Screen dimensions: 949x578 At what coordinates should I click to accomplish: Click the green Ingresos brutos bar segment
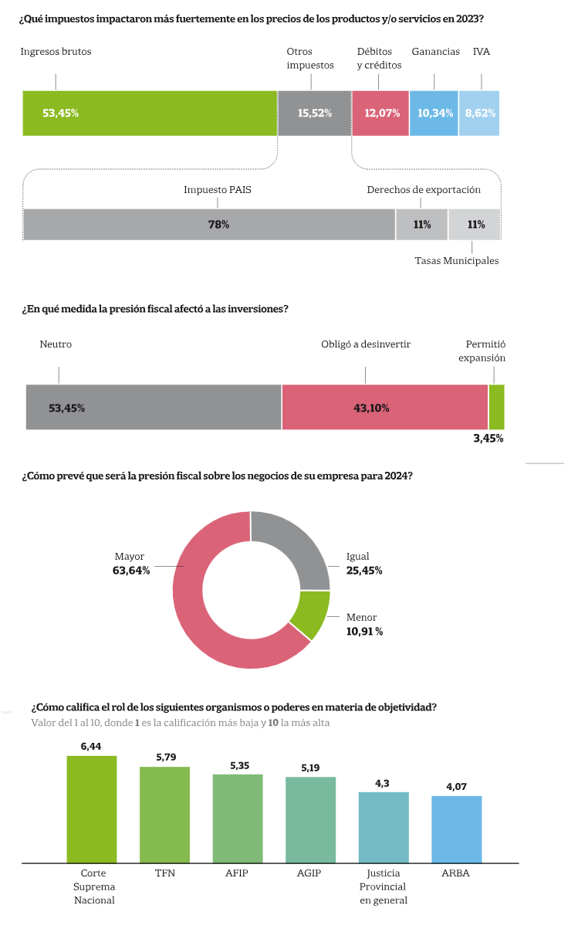coord(150,113)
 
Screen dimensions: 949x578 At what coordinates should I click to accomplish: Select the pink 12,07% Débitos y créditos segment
coord(380,113)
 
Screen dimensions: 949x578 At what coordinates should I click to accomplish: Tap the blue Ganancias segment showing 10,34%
coord(434,113)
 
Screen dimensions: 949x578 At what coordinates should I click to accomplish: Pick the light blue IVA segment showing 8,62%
coord(479,113)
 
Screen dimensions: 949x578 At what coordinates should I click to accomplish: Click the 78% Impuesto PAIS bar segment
coord(209,225)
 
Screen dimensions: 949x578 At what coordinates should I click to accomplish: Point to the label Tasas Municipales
coord(456,261)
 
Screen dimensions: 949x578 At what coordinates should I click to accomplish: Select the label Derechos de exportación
coord(423,190)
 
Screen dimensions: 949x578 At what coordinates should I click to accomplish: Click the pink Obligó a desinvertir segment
coord(384,407)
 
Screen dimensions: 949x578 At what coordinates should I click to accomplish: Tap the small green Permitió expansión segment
coord(496,407)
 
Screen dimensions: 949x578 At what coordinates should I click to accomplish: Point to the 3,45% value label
coord(488,439)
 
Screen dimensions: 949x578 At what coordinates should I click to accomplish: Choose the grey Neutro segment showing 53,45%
coord(153,407)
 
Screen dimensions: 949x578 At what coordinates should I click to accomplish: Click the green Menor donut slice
coord(310,615)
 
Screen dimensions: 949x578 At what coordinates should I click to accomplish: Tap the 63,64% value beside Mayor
coord(131,571)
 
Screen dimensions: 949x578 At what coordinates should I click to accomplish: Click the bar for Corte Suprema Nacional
coord(92,808)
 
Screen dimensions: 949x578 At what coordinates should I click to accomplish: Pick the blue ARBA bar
coord(456,829)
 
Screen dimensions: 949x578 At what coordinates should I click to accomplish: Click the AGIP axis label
coord(309,873)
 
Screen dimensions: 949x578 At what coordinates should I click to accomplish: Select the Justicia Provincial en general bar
coord(384,826)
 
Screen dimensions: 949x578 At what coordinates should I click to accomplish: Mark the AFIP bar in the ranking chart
coord(238,818)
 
